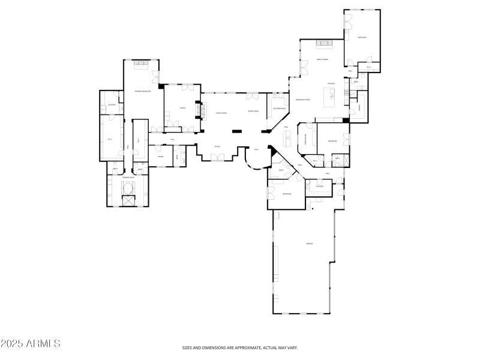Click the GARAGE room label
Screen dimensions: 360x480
(310, 244)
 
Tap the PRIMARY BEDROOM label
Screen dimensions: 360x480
(142, 91)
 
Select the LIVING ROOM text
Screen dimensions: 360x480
(221, 113)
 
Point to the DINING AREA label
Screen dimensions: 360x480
(253, 111)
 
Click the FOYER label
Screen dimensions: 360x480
(217, 146)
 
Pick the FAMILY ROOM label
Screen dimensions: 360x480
(323, 59)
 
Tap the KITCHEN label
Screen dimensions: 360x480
(331, 83)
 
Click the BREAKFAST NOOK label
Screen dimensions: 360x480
(302, 100)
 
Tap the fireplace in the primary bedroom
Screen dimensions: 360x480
(142, 63)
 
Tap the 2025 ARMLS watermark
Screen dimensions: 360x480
(31, 344)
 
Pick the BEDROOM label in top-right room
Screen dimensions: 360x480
(362, 37)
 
